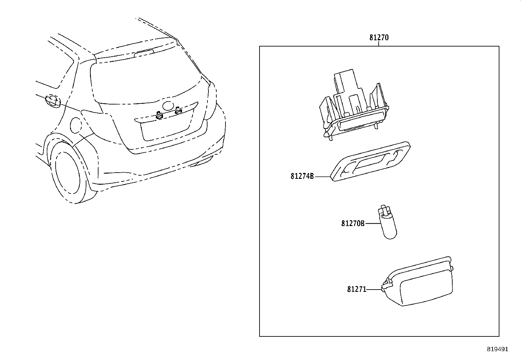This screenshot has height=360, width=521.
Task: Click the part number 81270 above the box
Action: point(379,38)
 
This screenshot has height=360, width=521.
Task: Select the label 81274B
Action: point(302,177)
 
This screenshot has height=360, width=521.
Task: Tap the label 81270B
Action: point(353,223)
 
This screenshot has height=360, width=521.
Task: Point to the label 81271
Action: point(357,290)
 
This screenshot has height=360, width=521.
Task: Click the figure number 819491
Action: point(497,349)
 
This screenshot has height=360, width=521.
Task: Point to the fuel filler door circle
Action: point(76,125)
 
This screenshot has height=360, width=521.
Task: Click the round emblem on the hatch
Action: point(169,105)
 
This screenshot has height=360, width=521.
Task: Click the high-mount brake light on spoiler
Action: point(144,53)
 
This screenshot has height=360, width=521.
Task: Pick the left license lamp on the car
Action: point(159,116)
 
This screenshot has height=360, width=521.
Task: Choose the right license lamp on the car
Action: point(178,111)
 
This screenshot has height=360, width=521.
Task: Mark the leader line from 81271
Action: point(374,290)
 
